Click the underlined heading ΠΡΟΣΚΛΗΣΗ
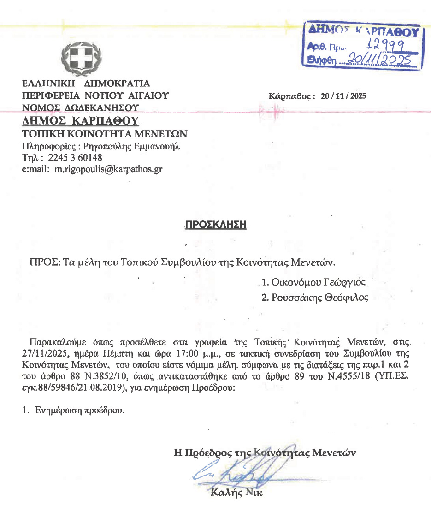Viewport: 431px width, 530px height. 216,225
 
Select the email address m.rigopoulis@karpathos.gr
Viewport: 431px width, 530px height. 108,169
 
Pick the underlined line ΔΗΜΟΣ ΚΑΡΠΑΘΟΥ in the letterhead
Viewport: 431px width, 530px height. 81,121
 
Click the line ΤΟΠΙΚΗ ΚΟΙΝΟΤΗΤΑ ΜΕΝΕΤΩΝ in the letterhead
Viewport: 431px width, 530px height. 105,134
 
